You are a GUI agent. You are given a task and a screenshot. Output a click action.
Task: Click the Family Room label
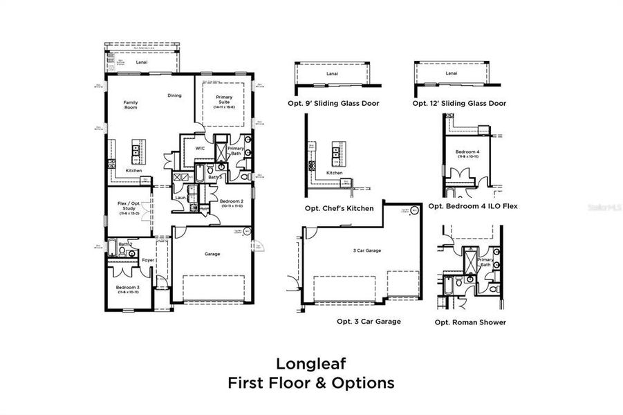[131, 105]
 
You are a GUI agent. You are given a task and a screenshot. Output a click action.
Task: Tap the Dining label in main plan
[174, 95]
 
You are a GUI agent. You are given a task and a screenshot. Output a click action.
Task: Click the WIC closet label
[199, 148]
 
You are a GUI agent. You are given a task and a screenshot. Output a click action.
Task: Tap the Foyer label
[147, 260]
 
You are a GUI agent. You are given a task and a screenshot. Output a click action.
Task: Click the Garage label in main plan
[212, 254]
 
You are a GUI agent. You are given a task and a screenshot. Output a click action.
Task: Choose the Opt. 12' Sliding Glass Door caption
[459, 103]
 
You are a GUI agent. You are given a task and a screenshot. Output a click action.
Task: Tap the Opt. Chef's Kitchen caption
[339, 208]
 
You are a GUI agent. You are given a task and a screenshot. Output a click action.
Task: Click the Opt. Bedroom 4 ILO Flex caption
[473, 205]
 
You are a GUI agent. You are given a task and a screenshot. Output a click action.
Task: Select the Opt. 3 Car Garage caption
[369, 321]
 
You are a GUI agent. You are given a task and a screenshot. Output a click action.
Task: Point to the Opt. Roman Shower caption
[470, 322]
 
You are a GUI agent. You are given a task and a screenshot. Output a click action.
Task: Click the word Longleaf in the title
[311, 362]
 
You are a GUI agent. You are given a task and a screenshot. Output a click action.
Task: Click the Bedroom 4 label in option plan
[467, 151]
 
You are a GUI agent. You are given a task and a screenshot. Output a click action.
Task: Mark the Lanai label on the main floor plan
[142, 62]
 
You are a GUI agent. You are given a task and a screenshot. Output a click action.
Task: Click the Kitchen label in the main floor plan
[133, 170]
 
